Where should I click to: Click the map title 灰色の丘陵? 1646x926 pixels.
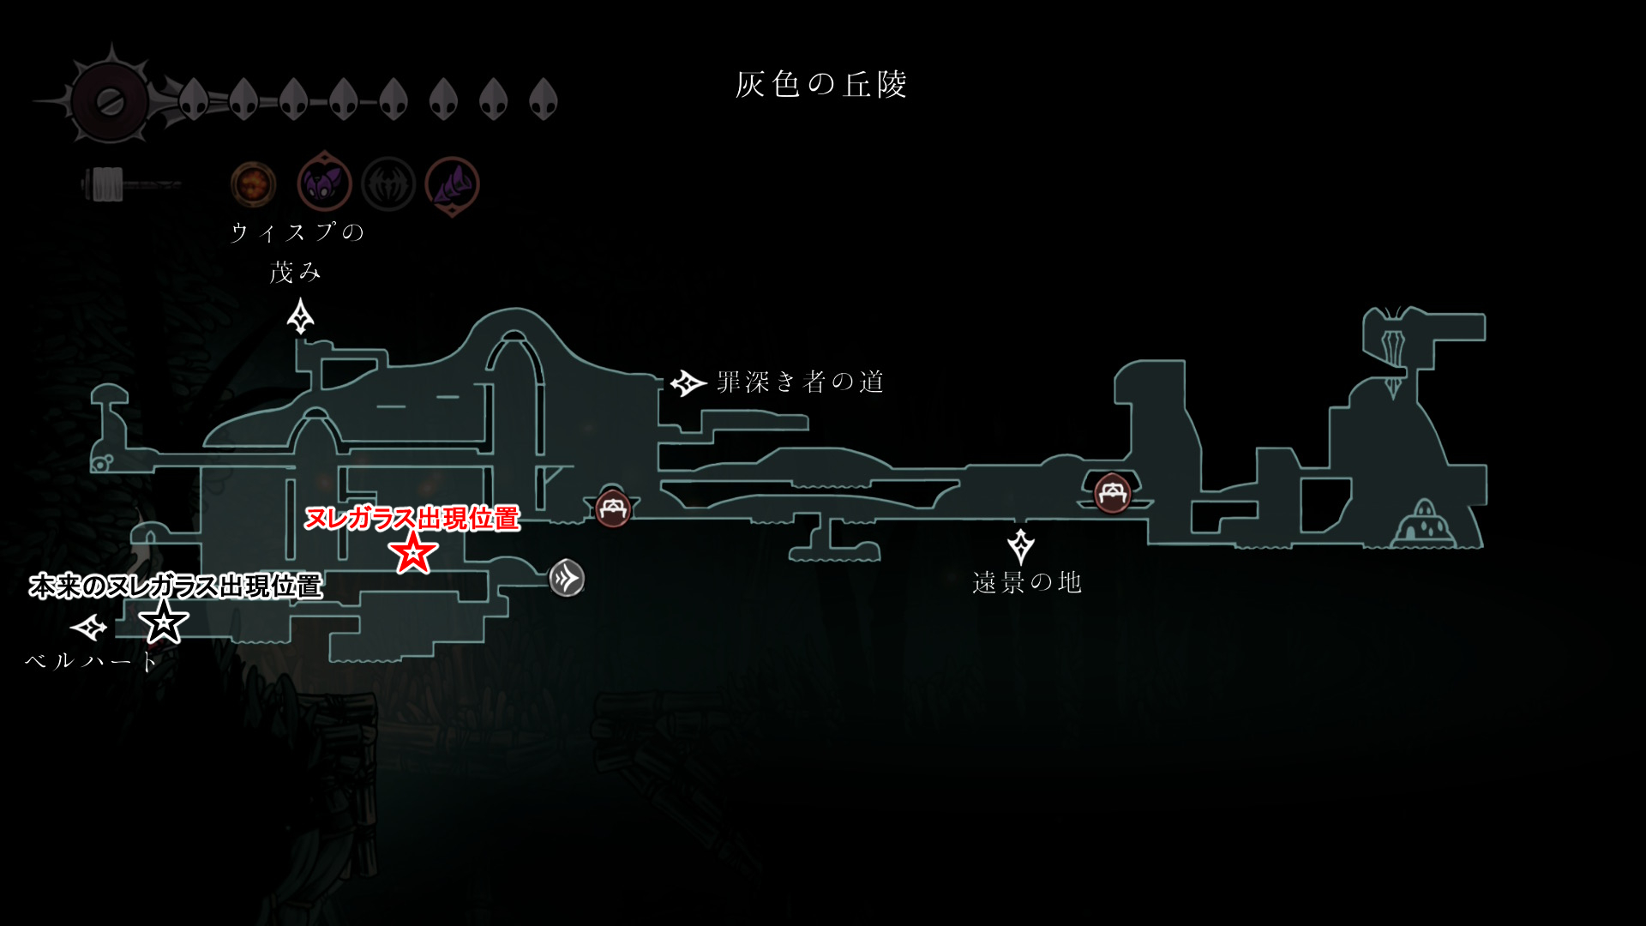click(821, 85)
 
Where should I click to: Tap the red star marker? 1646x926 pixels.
click(412, 552)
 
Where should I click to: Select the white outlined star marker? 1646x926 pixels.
click(163, 622)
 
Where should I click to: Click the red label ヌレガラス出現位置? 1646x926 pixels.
click(412, 519)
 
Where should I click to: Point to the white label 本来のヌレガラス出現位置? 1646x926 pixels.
click(176, 586)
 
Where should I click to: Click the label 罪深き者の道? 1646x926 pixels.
click(800, 382)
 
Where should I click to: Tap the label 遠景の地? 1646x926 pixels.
click(1026, 583)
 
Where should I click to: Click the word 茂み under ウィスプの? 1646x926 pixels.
click(295, 273)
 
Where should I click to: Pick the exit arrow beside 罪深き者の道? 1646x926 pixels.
click(688, 383)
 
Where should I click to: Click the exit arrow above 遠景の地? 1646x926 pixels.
click(1020, 546)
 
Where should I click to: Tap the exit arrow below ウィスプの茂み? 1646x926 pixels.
click(300, 316)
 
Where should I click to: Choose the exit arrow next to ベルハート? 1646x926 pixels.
click(88, 628)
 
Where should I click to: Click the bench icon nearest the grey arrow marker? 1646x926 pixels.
click(613, 509)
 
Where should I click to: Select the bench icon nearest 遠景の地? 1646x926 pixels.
click(1112, 493)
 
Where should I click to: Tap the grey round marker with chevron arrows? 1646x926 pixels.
click(567, 578)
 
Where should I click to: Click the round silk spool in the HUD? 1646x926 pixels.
click(110, 102)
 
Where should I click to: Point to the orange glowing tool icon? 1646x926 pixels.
click(253, 184)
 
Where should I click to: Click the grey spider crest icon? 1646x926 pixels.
click(388, 184)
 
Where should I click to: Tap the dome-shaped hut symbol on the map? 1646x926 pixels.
click(1424, 525)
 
